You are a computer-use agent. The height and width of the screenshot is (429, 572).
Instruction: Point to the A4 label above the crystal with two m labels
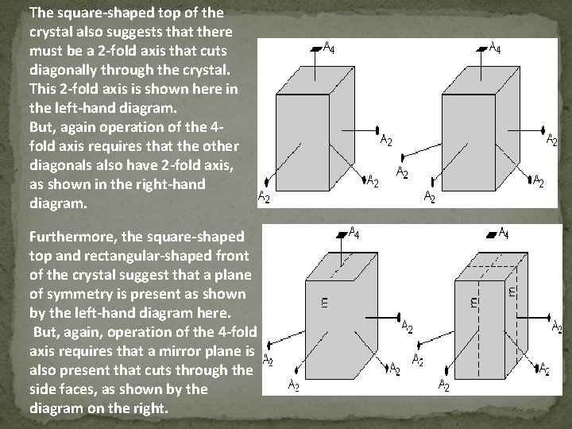pos(504,234)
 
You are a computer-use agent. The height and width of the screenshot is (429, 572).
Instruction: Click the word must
pos(45,50)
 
